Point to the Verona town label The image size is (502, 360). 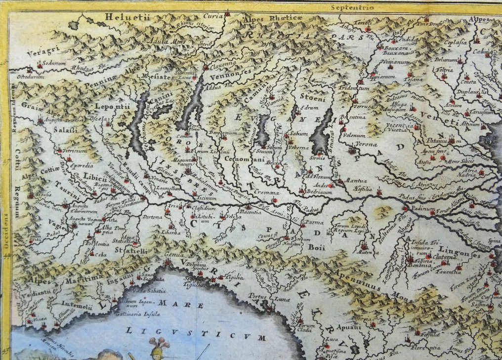(x=366, y=144)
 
